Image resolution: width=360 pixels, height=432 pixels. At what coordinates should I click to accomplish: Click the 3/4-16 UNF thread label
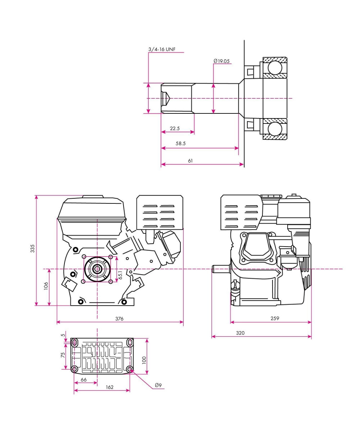point(162,49)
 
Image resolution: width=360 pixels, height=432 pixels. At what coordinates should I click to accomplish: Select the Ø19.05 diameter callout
point(221,61)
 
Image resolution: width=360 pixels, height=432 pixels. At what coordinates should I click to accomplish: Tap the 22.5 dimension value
point(175,129)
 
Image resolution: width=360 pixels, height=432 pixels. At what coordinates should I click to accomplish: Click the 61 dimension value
point(190,161)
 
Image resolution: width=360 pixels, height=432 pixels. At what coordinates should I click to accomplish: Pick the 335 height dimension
point(32,248)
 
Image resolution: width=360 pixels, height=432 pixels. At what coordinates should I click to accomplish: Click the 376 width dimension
point(119,318)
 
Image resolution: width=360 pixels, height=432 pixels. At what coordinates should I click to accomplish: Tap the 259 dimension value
point(275,318)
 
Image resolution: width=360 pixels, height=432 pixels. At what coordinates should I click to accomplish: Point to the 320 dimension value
point(240,333)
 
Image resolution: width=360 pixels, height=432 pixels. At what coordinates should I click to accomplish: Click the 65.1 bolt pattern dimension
point(121,275)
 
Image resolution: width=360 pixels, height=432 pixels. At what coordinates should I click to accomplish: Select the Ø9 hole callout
point(158,385)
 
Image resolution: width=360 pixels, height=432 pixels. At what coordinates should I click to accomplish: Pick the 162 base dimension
point(110,387)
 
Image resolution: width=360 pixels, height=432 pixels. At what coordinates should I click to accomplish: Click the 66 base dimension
point(84,379)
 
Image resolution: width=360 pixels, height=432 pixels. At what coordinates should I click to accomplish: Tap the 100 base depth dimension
point(144,360)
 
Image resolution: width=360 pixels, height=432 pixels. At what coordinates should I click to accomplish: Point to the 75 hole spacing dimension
point(63,355)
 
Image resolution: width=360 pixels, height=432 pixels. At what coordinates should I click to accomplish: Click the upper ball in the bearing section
point(274,68)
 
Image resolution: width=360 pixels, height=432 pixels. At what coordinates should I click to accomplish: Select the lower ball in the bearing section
point(274,129)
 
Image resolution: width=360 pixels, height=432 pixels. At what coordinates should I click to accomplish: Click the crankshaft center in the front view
point(97,269)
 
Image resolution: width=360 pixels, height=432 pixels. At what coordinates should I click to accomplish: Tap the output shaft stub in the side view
point(221,269)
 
